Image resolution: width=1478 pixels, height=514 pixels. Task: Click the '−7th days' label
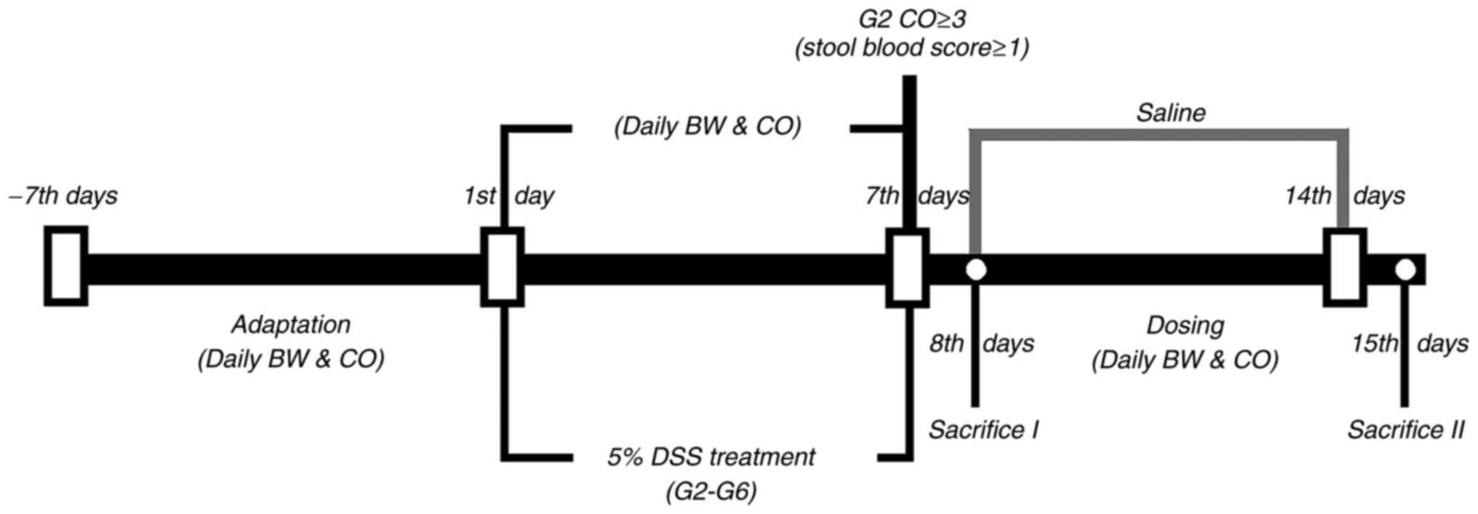(x=63, y=196)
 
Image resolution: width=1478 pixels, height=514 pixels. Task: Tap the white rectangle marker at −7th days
(x=66, y=266)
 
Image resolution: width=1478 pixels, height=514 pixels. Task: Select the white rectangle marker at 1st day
(x=503, y=267)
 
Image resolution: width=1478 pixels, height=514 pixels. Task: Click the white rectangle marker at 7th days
(x=907, y=268)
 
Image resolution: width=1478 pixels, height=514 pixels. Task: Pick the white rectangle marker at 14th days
(x=1344, y=268)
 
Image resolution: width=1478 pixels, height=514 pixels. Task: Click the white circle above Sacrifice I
(x=975, y=270)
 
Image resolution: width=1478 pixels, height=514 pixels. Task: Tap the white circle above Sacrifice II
(x=1405, y=270)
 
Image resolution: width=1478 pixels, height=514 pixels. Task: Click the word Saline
(x=1170, y=113)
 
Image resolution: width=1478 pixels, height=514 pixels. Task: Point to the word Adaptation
(x=291, y=324)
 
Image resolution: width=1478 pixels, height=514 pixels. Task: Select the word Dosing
(x=1185, y=325)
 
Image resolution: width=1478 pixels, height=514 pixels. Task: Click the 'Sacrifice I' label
(x=983, y=430)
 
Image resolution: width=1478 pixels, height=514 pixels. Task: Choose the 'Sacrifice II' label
(x=1405, y=430)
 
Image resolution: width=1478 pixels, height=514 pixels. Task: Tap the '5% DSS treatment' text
(x=711, y=457)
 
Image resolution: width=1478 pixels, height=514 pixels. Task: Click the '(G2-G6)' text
(x=711, y=492)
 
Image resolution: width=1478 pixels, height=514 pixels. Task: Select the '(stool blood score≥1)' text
(x=912, y=48)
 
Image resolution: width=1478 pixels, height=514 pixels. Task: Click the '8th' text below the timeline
(x=946, y=343)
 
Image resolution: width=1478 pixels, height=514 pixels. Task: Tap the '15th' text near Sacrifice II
(x=1375, y=343)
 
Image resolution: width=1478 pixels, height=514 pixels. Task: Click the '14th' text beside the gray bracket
(x=1308, y=196)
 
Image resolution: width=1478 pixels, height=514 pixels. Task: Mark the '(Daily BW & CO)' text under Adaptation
(x=291, y=359)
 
